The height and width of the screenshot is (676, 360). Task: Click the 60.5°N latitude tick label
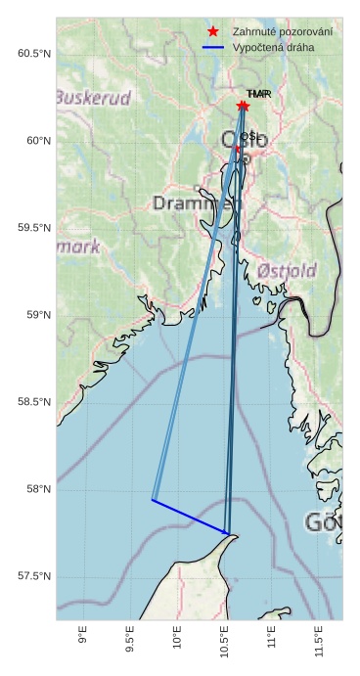coord(33,53)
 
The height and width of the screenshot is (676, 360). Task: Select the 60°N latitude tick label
coord(36,140)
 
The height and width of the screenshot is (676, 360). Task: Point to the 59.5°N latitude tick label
coord(33,227)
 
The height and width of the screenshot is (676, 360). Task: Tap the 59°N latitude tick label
coord(36,314)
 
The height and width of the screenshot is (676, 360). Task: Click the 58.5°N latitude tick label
coord(33,402)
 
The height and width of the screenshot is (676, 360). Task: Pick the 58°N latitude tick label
coord(36,489)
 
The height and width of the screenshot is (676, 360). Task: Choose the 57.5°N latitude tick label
coord(33,576)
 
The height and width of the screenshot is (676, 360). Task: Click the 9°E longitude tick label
coord(82,637)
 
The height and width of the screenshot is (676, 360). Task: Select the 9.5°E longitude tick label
coord(130,640)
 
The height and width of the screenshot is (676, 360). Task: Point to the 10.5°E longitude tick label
coord(225,642)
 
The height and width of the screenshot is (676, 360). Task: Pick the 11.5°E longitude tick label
coord(320,642)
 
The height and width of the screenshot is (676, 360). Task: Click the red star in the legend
coord(212,31)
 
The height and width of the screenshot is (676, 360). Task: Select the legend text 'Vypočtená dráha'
coord(274,47)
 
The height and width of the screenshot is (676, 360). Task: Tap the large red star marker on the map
coord(243,106)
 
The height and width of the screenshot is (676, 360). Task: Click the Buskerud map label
coord(93,98)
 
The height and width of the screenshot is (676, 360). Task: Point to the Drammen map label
coord(196,203)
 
